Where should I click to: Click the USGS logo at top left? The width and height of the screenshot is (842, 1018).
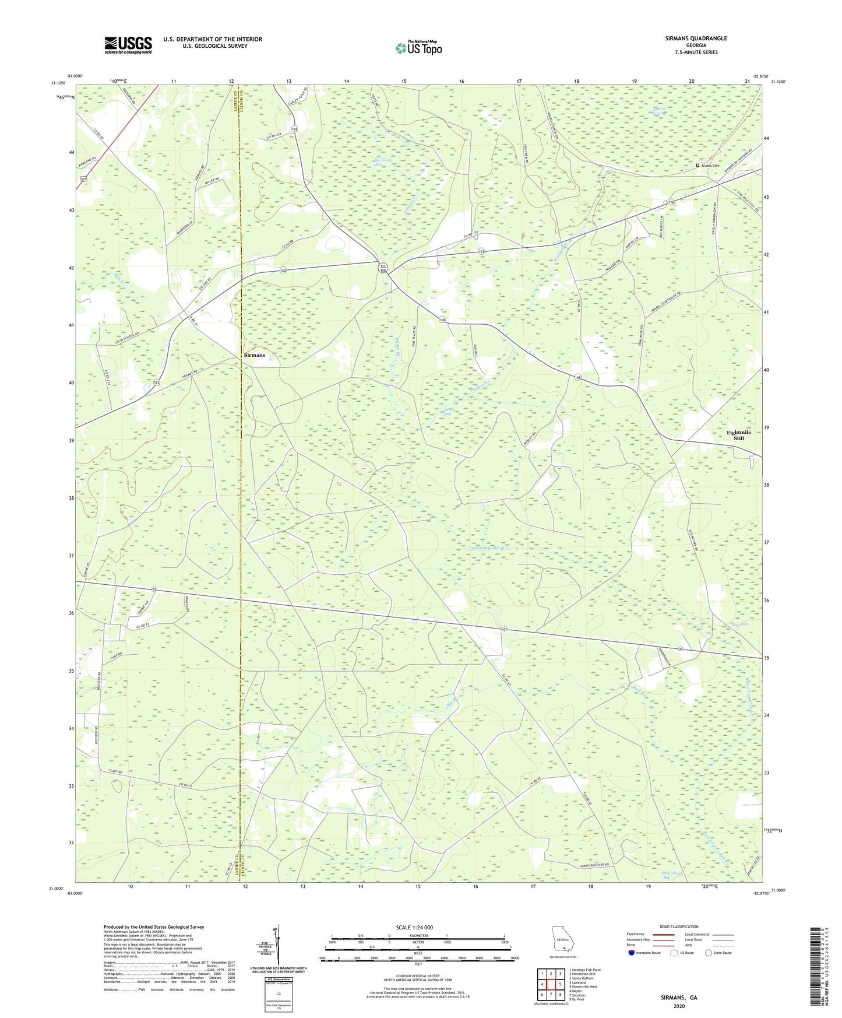click(128, 45)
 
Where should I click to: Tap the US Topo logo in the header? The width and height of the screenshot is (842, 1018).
click(418, 48)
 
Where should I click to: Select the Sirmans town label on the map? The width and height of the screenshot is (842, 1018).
click(254, 354)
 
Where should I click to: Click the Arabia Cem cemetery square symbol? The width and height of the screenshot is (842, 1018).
click(698, 166)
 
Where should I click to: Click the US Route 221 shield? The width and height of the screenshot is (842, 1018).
click(84, 180)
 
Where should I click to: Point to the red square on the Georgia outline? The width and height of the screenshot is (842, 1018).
click(563, 949)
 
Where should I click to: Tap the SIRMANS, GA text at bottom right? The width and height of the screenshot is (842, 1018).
click(679, 998)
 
